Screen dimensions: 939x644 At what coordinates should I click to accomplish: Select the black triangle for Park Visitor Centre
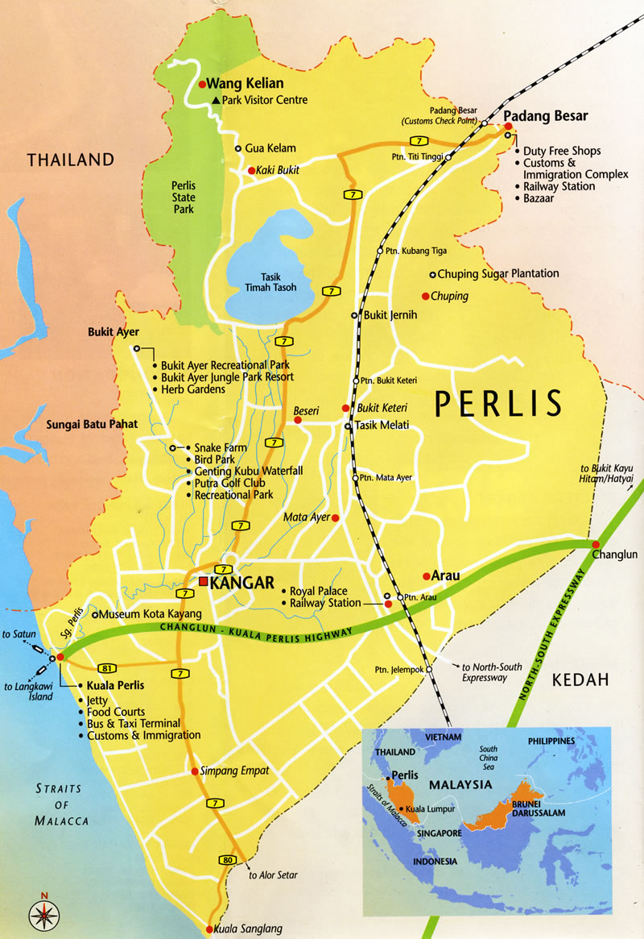[215, 100]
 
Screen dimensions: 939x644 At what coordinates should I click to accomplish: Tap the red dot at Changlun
[595, 543]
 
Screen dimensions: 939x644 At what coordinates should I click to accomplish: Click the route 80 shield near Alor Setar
[229, 861]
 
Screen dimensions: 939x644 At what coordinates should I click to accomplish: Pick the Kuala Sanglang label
[248, 929]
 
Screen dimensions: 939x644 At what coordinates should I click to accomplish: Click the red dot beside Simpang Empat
[195, 771]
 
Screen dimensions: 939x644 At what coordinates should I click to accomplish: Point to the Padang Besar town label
[546, 115]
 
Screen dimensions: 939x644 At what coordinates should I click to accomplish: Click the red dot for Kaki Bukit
[252, 170]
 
